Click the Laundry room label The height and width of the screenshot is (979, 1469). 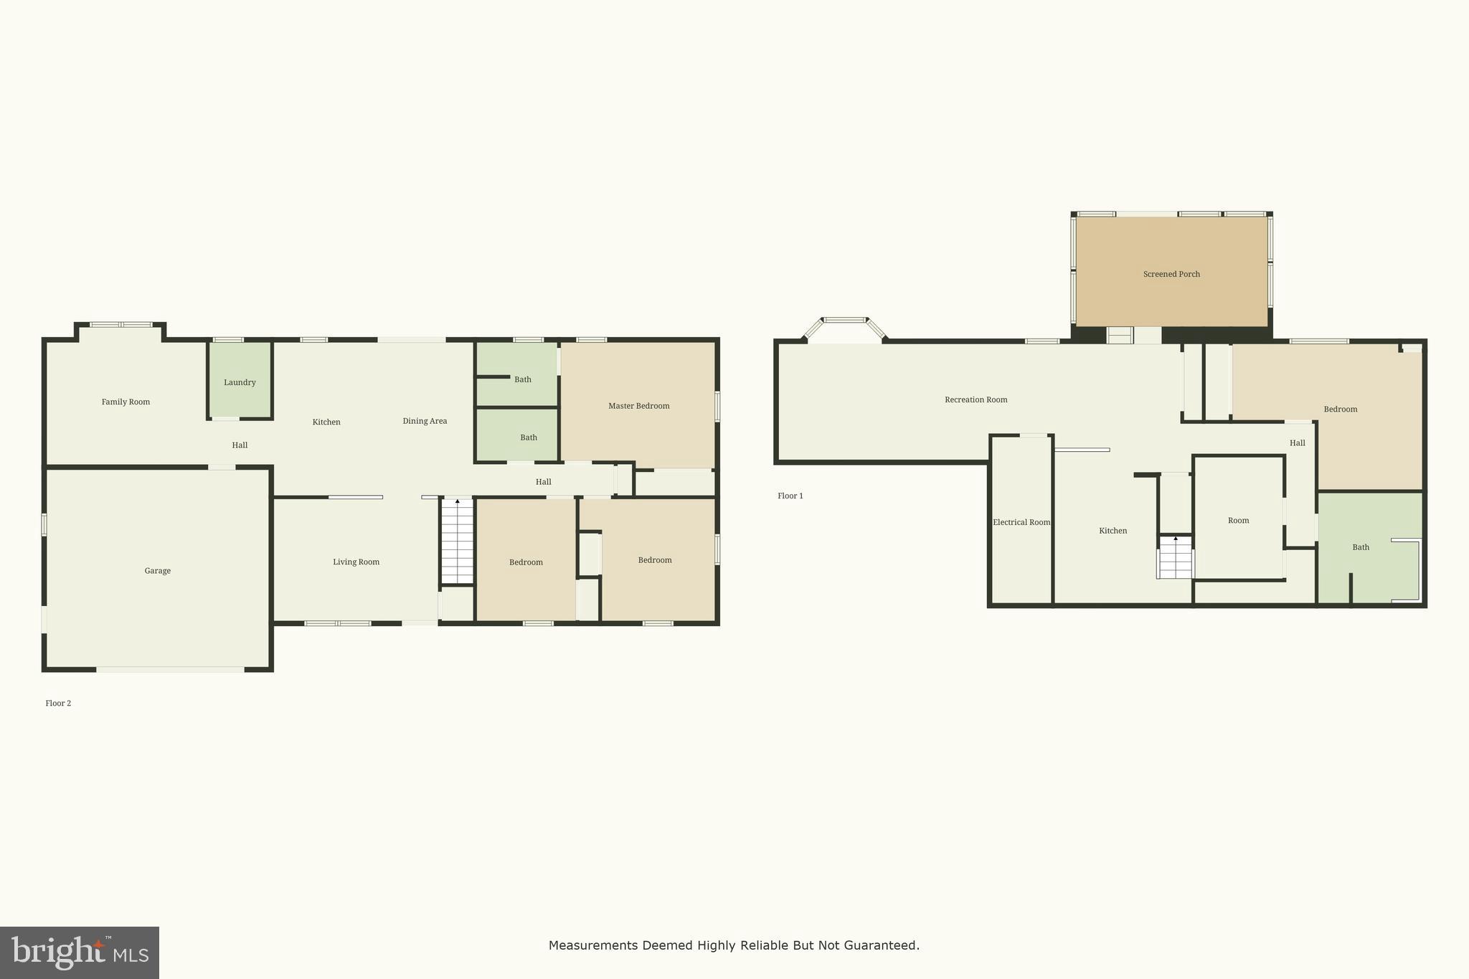click(x=240, y=382)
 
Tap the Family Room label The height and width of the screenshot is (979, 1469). click(x=126, y=402)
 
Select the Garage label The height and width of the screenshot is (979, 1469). click(x=157, y=571)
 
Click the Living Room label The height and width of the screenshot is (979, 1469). click(x=356, y=562)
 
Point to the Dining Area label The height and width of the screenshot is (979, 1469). click(x=425, y=421)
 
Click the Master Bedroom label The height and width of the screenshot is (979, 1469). click(x=638, y=406)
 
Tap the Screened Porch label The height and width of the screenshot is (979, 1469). click(x=1171, y=274)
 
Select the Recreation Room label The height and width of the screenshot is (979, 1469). click(x=976, y=399)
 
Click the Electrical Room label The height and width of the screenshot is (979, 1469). click(x=1021, y=522)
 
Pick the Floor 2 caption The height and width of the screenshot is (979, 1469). click(x=58, y=703)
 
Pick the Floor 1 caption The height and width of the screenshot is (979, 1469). click(x=790, y=496)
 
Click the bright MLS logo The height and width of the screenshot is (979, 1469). click(x=80, y=952)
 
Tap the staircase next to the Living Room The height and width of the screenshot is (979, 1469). click(x=457, y=541)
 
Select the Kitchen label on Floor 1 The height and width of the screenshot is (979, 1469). click(x=1113, y=531)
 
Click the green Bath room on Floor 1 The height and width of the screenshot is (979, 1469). click(x=1361, y=547)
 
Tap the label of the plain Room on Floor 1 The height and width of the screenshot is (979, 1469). click(x=1238, y=521)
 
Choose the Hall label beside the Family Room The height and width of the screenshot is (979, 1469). click(x=240, y=445)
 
